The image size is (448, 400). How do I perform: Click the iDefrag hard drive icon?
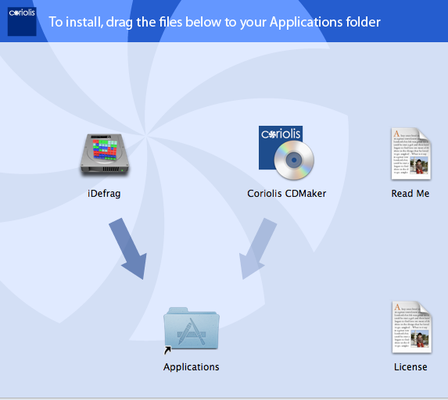105,155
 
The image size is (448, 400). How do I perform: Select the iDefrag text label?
104,194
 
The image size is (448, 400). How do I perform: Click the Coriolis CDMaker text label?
287,194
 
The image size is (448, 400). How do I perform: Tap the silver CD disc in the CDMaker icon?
294,160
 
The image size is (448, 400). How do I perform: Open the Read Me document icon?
410,154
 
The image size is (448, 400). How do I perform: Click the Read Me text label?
410,194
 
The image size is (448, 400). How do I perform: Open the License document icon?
412,327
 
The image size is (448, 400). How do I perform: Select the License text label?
410,367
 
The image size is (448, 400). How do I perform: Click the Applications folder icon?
192,328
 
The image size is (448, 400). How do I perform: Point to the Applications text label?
191,367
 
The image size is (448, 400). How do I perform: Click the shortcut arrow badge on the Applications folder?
167,350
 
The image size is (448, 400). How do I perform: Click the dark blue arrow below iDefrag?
128,248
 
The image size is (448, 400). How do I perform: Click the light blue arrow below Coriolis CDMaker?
257,248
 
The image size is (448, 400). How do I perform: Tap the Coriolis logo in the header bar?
22,21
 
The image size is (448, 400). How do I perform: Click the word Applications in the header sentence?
306,23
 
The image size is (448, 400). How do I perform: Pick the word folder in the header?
363,22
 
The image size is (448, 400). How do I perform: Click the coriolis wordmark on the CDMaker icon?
281,134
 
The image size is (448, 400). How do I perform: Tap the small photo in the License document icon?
420,339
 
